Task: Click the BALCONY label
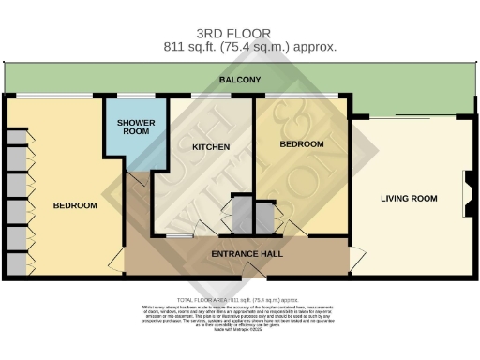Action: click(239, 81)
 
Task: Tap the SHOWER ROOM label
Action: click(133, 127)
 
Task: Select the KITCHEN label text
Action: click(211, 147)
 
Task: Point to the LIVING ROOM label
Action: click(409, 198)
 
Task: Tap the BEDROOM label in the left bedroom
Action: click(75, 205)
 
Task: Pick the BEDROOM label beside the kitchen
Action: click(302, 144)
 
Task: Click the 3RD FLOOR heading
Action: click(240, 31)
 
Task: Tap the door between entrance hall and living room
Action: click(356, 255)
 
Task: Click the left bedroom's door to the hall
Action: click(116, 258)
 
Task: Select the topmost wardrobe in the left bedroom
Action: click(17, 137)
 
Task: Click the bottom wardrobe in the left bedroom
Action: click(17, 264)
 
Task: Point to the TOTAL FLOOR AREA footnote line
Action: click(240, 296)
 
